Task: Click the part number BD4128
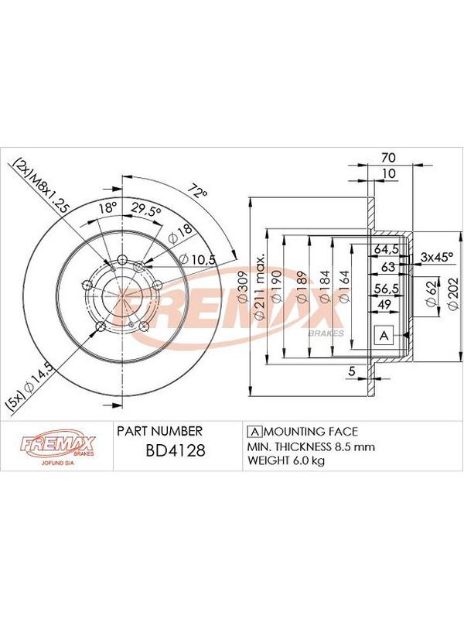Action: (x=176, y=450)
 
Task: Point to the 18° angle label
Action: (x=107, y=207)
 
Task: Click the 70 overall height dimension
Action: (x=388, y=158)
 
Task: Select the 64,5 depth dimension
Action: (x=386, y=249)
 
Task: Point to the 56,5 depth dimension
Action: (x=386, y=289)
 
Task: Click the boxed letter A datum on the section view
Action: (x=384, y=336)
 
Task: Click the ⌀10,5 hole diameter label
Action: (x=197, y=259)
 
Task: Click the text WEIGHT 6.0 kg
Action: (x=286, y=460)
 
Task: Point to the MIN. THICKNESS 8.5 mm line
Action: (x=311, y=446)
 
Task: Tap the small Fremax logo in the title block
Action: (x=57, y=447)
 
